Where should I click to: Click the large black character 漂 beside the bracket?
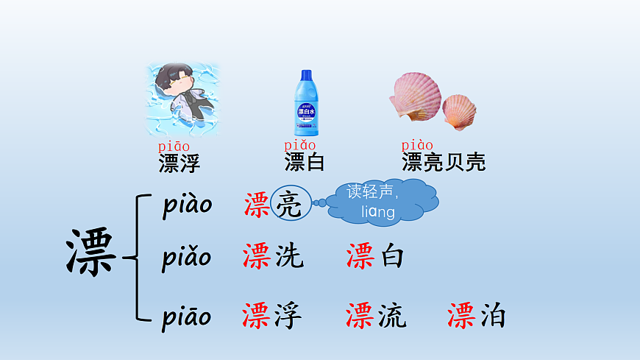point(91,253)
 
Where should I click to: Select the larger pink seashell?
point(415,96)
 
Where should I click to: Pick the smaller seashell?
point(459,111)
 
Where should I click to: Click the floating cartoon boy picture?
point(182,99)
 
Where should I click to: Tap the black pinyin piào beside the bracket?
point(187,205)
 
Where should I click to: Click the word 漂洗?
point(272,256)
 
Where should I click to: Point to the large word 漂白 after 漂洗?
point(375,256)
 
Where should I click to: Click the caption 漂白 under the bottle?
point(305,162)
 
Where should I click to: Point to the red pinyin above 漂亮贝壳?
point(417,145)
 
